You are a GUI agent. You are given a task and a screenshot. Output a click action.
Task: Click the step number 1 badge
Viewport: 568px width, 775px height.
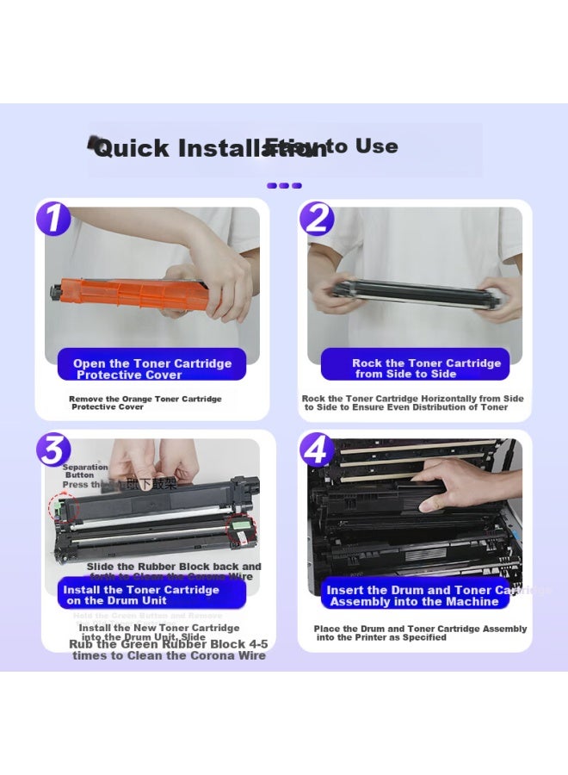click(x=53, y=217)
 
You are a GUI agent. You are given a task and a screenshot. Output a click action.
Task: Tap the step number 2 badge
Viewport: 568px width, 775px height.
click(x=317, y=218)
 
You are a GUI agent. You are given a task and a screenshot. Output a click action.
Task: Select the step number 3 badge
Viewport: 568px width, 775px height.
click(x=53, y=449)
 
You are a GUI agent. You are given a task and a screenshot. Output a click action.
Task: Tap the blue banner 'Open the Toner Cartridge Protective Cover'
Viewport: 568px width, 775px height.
click(x=151, y=369)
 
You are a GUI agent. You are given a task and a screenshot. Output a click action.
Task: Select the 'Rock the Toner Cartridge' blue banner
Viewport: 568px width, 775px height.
click(x=415, y=369)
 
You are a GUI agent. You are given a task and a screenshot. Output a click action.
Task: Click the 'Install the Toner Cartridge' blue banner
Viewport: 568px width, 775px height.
click(x=141, y=595)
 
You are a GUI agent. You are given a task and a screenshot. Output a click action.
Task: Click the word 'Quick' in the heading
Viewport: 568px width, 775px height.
click(x=131, y=149)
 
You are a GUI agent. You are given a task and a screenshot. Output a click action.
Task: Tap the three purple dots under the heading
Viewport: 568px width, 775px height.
click(x=284, y=185)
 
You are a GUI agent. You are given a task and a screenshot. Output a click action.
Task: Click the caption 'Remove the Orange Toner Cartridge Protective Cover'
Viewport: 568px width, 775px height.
click(x=145, y=403)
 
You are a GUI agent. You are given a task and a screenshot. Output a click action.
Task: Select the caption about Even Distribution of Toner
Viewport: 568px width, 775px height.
click(x=412, y=403)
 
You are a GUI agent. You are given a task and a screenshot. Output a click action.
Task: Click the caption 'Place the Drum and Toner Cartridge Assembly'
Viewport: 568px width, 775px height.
click(x=419, y=633)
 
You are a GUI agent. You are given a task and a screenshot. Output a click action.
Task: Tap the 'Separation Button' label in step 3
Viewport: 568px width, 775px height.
click(x=84, y=471)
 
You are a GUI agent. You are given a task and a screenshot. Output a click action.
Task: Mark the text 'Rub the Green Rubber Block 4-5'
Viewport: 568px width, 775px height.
click(x=168, y=644)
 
